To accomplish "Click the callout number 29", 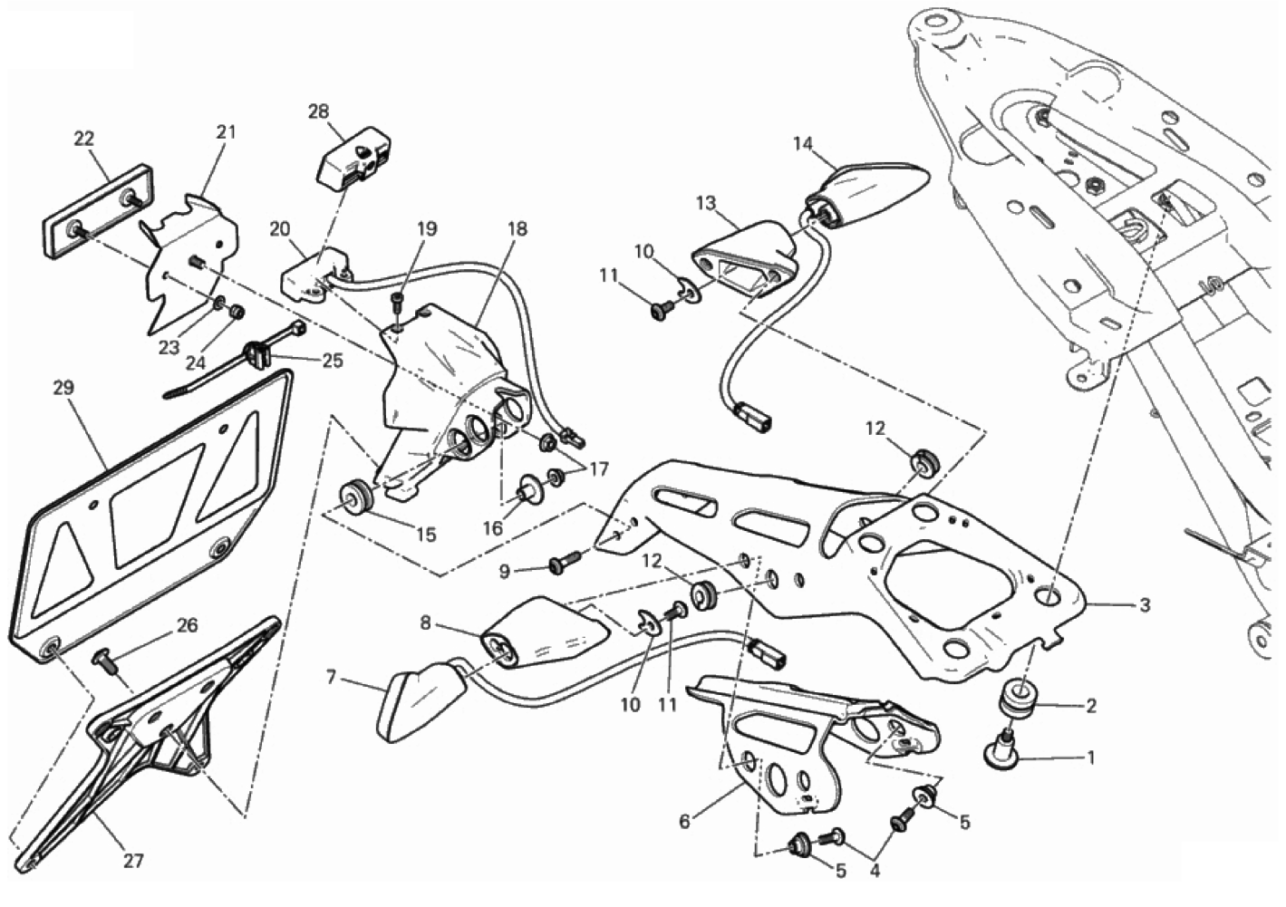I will (x=63, y=388).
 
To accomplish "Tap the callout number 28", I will (x=317, y=111).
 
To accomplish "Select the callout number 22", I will (x=83, y=139).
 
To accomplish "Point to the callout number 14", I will (x=803, y=143).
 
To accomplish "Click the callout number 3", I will (x=1145, y=604).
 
